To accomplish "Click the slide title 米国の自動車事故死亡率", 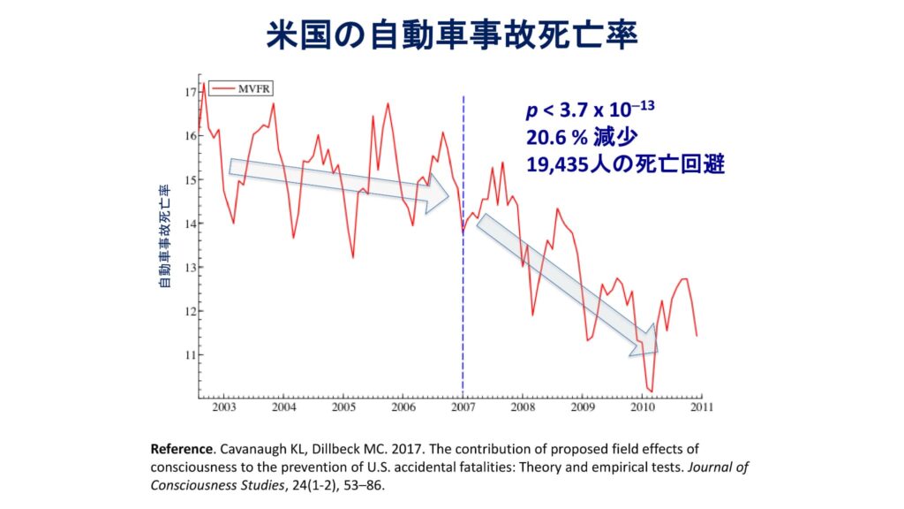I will click(x=451, y=37).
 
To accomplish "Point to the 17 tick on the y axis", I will click(x=190, y=92).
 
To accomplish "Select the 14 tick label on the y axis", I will click(x=190, y=224).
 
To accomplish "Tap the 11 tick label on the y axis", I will click(x=190, y=355).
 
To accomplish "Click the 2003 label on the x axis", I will click(x=222, y=407).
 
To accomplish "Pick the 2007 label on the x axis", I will click(x=463, y=407).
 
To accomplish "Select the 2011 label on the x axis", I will click(x=702, y=407).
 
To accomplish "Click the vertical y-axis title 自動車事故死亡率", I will click(x=163, y=237).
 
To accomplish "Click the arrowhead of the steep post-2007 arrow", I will click(x=643, y=346).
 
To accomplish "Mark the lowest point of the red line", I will click(x=651, y=391).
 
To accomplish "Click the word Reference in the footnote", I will click(x=185, y=448).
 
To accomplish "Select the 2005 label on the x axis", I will click(x=343, y=407).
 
